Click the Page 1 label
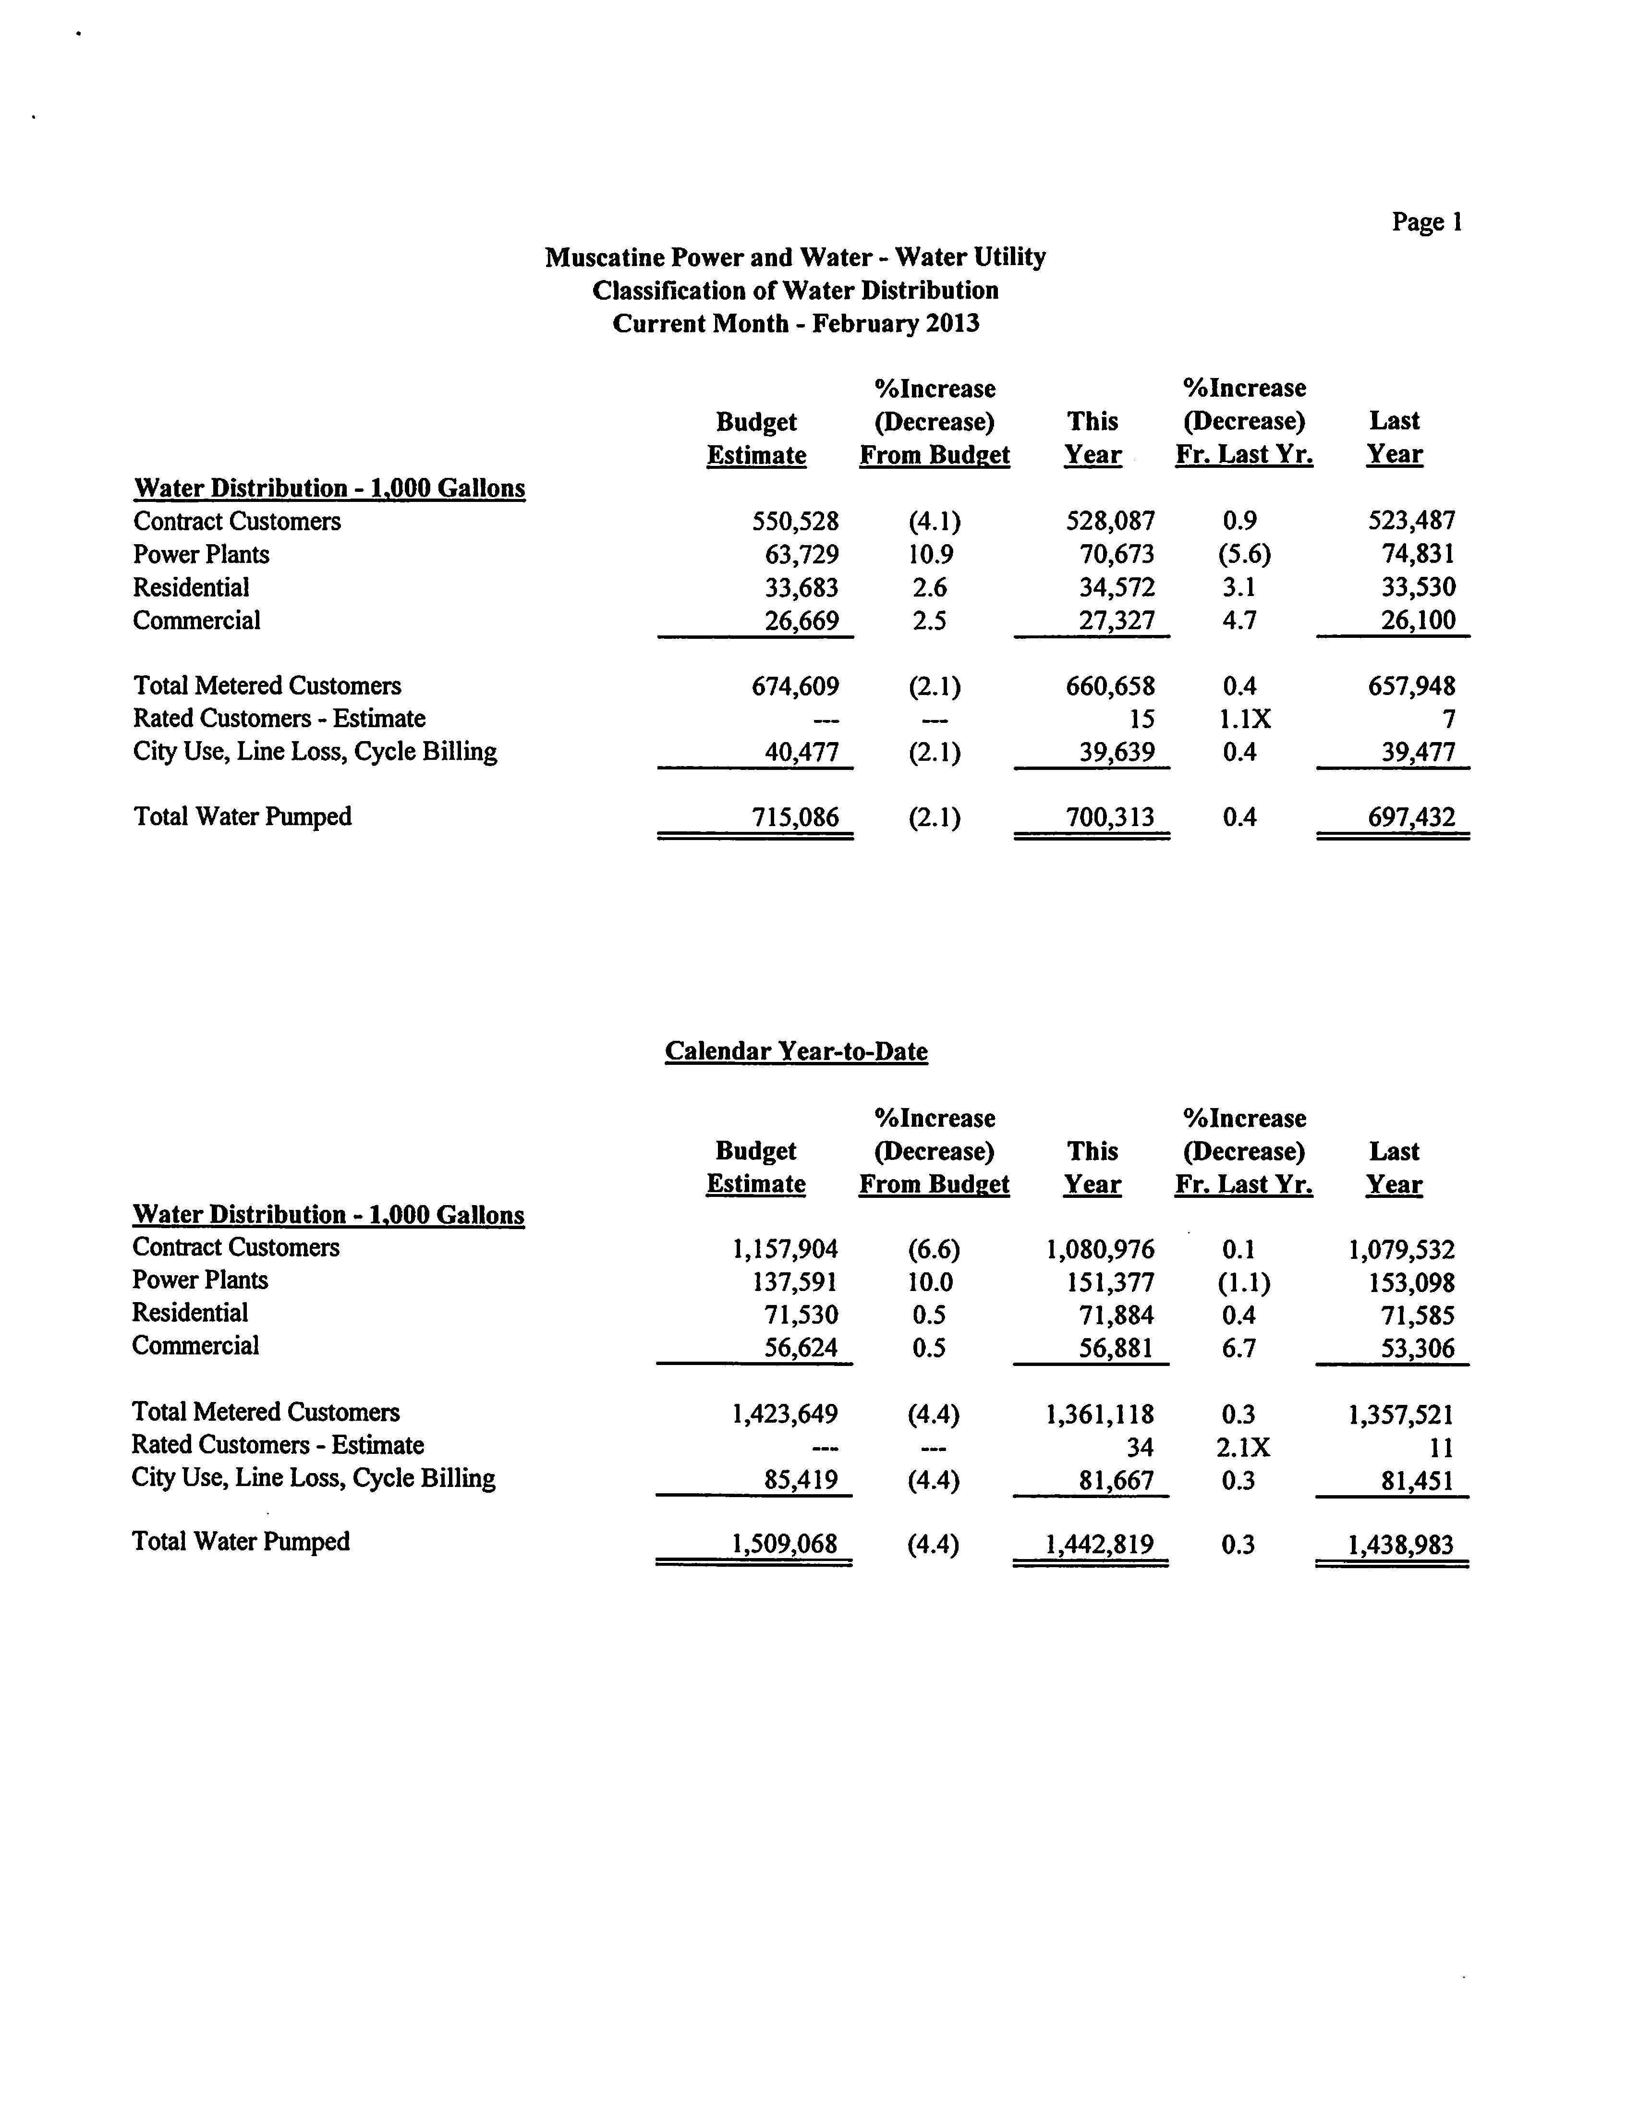pos(1427,223)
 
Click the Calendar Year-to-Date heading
pos(796,1052)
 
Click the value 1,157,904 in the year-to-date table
pos(785,1249)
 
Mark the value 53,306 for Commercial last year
pos(1418,1348)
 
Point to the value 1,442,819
pos(1099,1544)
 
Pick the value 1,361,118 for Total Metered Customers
pos(1099,1415)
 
